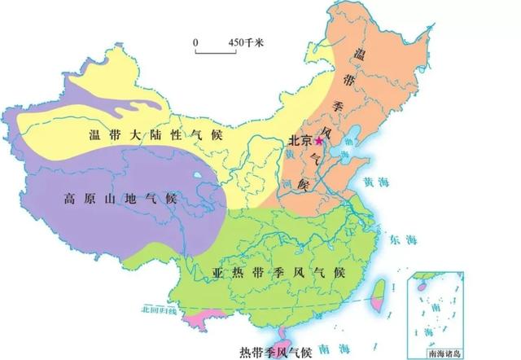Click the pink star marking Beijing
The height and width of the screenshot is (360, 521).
point(320,141)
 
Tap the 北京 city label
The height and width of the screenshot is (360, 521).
point(300,141)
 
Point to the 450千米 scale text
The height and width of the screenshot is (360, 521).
point(243,42)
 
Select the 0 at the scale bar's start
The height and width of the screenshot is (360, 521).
point(195,42)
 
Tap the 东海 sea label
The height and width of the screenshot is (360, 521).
point(404,239)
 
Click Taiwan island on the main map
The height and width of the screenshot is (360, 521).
point(378,292)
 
